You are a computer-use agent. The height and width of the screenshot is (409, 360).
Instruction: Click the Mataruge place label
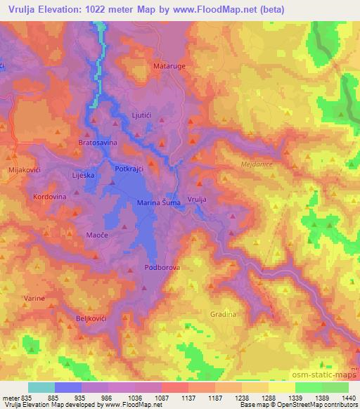pos(167,67)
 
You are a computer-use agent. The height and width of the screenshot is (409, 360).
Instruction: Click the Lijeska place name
pos(83,174)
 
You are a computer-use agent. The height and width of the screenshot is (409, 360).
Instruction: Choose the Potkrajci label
pos(129,169)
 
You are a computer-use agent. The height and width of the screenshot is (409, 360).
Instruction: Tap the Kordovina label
pos(49,197)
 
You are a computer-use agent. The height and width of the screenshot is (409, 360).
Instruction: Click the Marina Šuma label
pos(159,203)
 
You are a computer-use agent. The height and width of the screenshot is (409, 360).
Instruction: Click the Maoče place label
pos(96,235)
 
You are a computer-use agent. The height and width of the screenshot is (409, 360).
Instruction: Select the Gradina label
pos(221,314)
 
